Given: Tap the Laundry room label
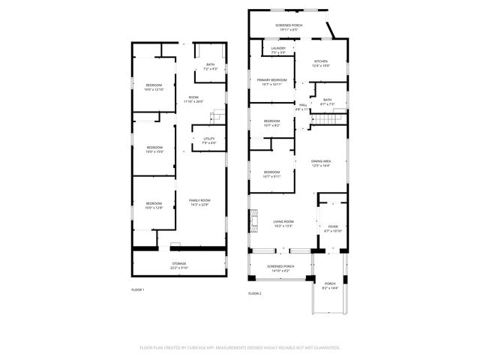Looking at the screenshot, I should [278, 50].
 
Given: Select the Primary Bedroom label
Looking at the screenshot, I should [271, 82].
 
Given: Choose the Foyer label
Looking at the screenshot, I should [332, 228].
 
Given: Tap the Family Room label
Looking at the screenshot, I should [199, 202].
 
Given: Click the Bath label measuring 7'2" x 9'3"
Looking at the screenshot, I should [210, 67].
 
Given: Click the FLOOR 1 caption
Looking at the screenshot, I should [137, 289].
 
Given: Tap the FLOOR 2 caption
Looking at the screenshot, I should [255, 293].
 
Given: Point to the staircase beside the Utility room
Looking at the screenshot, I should [217, 116].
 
